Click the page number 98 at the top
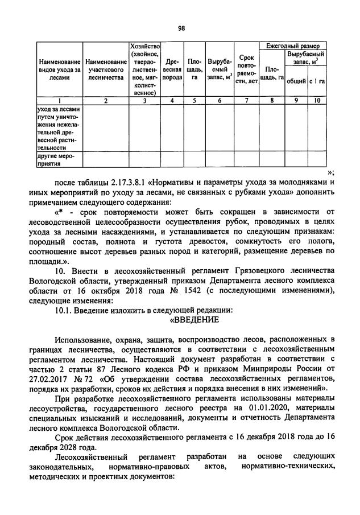click(181, 27)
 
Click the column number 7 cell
click(246, 101)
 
